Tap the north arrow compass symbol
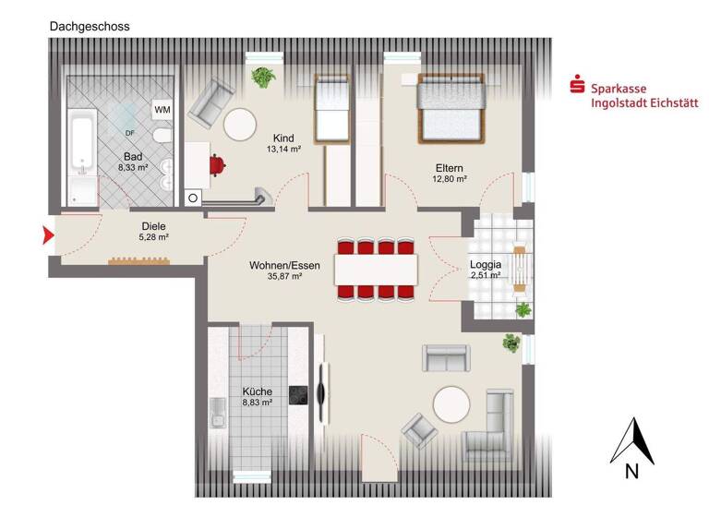point(632,441)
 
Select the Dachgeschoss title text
point(90,27)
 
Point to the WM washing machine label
point(162,110)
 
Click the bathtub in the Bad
point(82,157)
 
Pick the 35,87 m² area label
point(284,277)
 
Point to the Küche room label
point(257,391)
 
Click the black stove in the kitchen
point(299,395)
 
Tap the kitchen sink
point(218,412)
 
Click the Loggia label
point(485,261)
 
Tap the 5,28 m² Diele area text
point(152,237)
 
